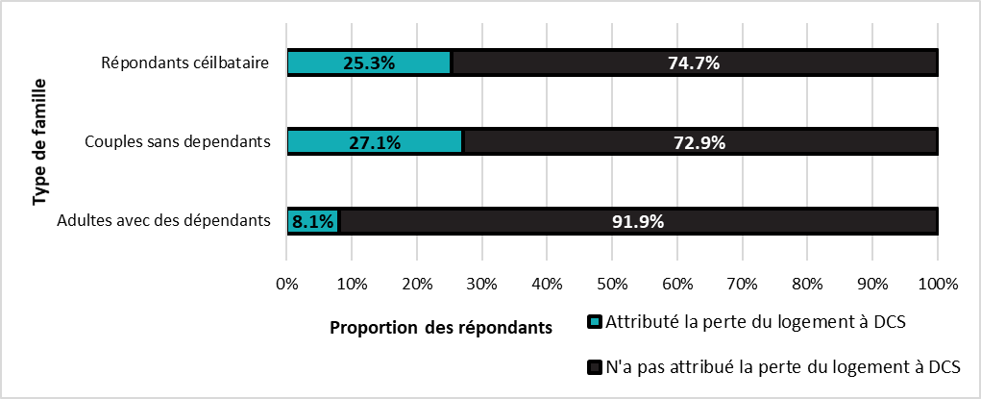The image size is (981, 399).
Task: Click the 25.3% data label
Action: tap(369, 63)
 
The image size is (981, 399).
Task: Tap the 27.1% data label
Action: tap(375, 142)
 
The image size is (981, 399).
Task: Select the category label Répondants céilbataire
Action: tap(184, 63)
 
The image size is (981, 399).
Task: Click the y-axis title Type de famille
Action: tap(39, 142)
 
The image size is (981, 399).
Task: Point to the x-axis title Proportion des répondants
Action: tap(441, 327)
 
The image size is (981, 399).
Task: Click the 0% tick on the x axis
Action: tap(286, 284)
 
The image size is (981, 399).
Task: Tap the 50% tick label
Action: tap(612, 284)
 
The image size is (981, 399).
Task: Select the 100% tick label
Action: tap(938, 284)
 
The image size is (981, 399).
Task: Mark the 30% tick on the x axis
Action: tap(481, 284)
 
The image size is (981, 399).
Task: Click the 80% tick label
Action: tap(807, 284)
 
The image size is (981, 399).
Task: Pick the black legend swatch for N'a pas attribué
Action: tap(592, 366)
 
